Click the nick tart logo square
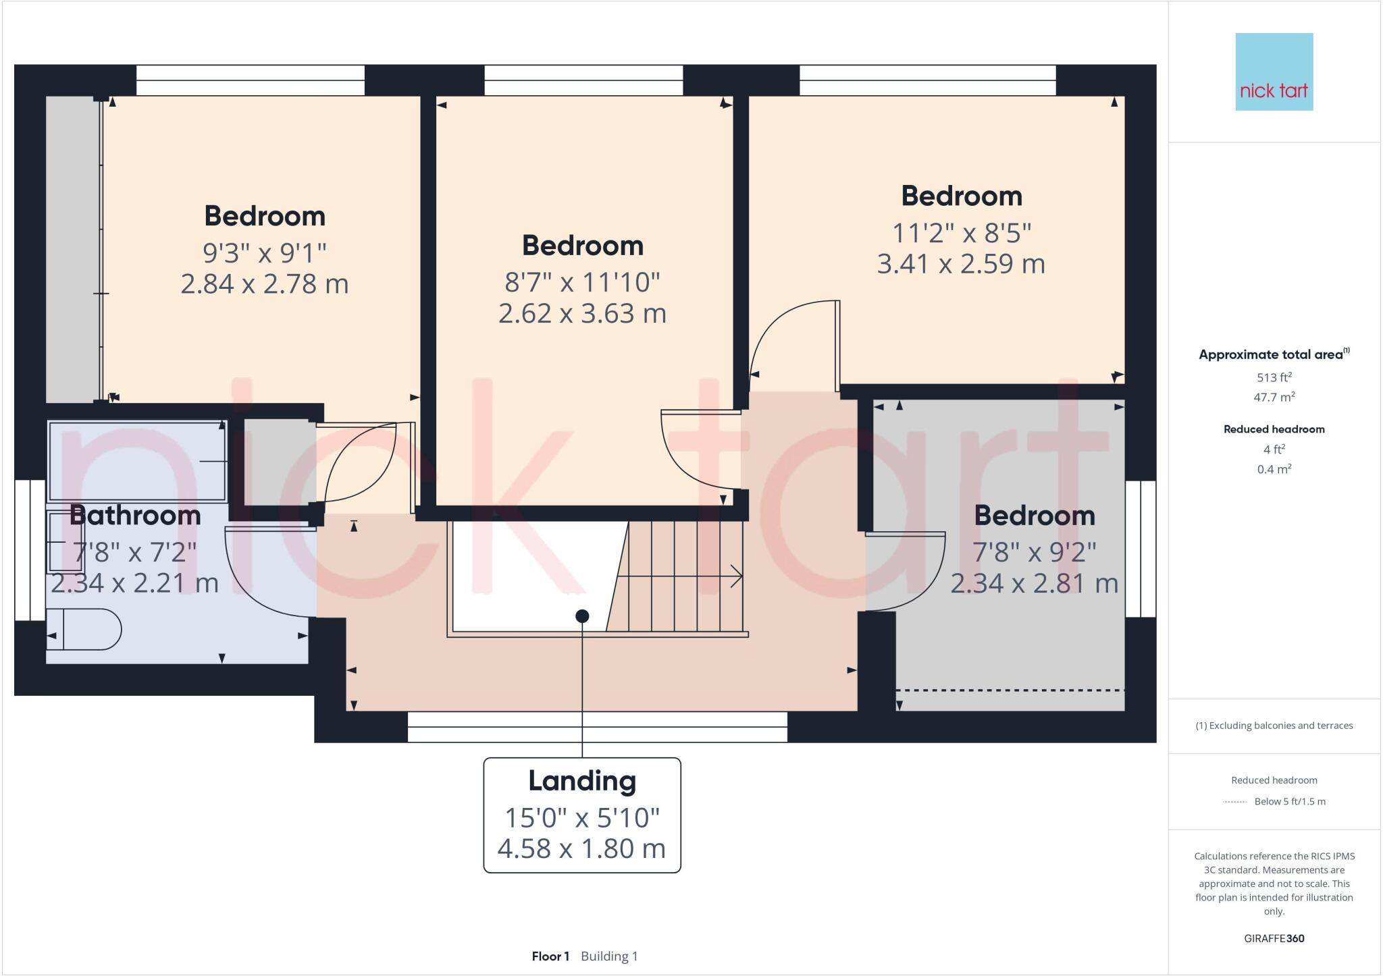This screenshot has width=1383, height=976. coord(1274,72)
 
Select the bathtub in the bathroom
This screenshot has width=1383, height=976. coord(137,461)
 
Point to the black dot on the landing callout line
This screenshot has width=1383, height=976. coord(582,616)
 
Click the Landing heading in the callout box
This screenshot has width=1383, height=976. coord(582,781)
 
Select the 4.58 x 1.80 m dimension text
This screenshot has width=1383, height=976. coord(581,848)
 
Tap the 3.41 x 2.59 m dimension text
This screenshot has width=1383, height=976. coord(961,263)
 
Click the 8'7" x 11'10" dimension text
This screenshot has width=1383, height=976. coord(582,282)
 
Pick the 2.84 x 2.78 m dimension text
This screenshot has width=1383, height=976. coord(265,283)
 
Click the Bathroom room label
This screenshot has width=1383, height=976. coord(135,516)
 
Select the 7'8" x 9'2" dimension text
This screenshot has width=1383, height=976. coord(1034,552)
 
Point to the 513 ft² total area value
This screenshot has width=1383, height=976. coord(1274,377)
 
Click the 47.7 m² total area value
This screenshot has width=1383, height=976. coord(1274,397)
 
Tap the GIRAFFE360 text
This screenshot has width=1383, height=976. coord(1274,938)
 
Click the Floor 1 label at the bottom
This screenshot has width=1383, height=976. coord(550,956)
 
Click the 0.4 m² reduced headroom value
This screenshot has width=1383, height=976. coord(1274,469)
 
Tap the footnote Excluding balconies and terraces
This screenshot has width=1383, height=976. coord(1274,726)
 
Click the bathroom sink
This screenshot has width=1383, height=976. coord(66,542)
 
